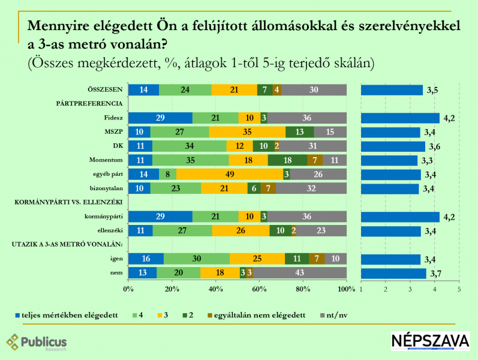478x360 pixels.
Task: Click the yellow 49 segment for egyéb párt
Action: point(229,175)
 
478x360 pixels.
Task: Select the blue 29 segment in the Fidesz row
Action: point(160,118)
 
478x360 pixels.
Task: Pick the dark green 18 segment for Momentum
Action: point(287,160)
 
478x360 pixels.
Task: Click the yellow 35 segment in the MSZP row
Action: point(247,132)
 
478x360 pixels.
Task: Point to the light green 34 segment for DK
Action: point(189,146)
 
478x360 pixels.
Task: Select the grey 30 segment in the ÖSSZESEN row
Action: point(314,90)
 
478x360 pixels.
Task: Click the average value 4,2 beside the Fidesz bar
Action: point(449,118)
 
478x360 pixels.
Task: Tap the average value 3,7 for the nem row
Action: point(437,274)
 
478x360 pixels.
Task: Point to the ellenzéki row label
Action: point(110,230)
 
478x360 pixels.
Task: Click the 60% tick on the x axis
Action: point(259,290)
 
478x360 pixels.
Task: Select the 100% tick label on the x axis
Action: point(347,290)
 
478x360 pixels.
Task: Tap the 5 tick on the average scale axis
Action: point(459,290)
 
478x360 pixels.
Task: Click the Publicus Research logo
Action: point(37,343)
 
